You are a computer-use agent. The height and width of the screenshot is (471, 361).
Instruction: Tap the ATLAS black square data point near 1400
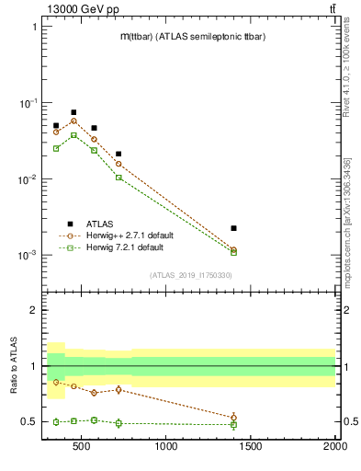233,228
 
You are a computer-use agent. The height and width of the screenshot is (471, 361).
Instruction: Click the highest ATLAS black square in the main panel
73,112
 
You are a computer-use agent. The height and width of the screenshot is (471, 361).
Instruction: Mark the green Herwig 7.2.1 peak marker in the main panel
73,135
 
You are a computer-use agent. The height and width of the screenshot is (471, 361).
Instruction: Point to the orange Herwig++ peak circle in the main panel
73,121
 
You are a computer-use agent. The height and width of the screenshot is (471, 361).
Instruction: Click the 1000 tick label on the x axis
166,448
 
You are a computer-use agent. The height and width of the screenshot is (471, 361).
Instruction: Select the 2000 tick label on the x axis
334,448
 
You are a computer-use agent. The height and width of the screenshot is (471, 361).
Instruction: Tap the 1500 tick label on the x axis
251,448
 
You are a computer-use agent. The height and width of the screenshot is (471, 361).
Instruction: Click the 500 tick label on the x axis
82,448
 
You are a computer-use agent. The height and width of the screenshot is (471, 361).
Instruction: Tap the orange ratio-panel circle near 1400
233,418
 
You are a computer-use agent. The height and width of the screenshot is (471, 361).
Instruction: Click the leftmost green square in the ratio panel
56,422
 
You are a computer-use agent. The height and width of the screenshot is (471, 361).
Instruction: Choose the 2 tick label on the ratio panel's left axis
33,310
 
